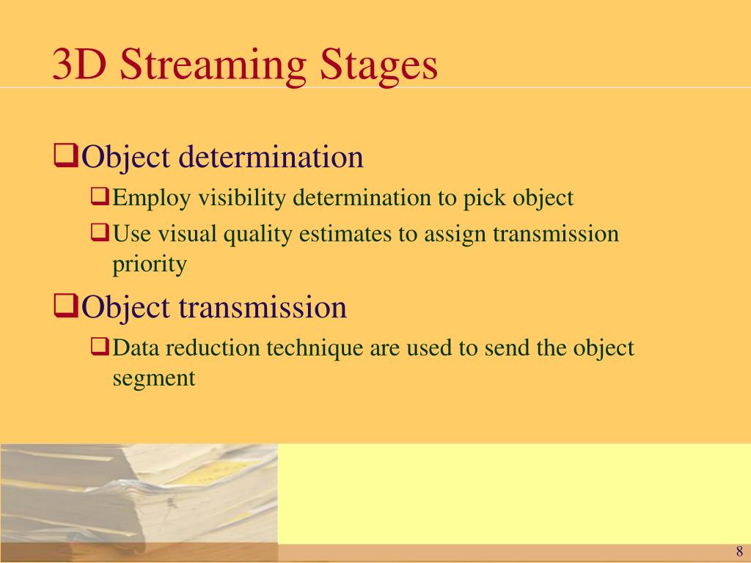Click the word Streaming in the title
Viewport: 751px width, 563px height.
click(x=213, y=65)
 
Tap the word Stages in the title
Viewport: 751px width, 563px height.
click(x=378, y=65)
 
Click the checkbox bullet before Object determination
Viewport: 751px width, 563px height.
click(x=65, y=155)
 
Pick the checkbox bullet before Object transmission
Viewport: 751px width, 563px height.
click(x=65, y=306)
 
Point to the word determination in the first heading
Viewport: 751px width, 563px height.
click(x=271, y=156)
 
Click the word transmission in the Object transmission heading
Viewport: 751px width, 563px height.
click(x=263, y=307)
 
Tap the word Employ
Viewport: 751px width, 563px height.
click(x=151, y=198)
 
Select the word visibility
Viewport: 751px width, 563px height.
click(x=242, y=198)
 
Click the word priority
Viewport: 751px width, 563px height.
click(x=150, y=265)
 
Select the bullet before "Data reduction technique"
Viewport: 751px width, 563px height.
click(x=100, y=346)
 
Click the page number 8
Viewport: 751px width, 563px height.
click(x=739, y=551)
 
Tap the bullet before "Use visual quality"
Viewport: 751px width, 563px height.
click(x=100, y=232)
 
